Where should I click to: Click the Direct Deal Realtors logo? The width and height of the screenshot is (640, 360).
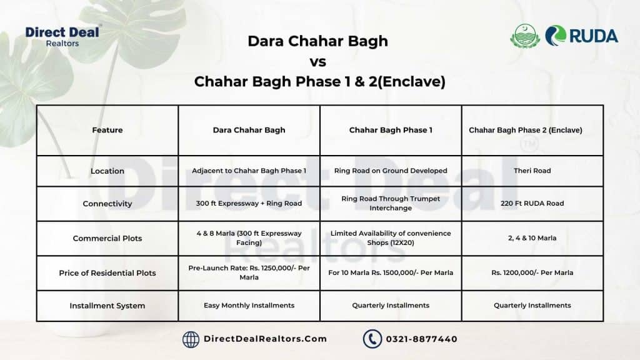point(62,37)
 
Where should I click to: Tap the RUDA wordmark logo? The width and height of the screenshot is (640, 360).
point(582,36)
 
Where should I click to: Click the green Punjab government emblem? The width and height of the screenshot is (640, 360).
point(525,36)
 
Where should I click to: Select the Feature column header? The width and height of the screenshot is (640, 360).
point(107,130)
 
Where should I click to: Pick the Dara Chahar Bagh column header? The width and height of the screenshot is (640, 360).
point(249,130)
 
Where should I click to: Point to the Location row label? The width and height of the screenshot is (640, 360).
point(107,171)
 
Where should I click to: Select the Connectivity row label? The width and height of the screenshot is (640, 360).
point(107,204)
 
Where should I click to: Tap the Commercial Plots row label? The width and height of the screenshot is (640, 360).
point(107,238)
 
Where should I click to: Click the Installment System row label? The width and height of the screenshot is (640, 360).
point(107,306)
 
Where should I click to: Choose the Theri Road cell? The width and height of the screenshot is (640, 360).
point(532,171)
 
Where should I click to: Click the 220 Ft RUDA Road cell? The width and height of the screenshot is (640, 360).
point(532,203)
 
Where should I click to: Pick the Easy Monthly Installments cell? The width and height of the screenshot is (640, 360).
point(249,305)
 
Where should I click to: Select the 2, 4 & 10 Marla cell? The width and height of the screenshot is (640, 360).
point(532,238)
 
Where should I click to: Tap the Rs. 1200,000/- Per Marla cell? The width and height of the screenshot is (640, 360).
point(532,272)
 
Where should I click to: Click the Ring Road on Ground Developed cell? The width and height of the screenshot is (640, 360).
point(391,171)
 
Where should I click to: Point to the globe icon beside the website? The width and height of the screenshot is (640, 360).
point(191,339)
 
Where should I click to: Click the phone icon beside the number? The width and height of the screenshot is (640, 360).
point(372,339)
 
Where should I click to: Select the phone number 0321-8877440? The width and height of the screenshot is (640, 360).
point(422,339)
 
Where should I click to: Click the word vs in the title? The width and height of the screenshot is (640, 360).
point(318,62)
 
